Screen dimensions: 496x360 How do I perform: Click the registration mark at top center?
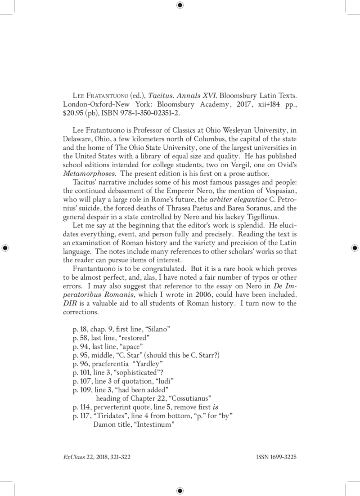[x=180, y=5]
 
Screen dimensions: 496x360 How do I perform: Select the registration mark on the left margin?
[x=6, y=247]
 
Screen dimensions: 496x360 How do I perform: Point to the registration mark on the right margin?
[x=354, y=247]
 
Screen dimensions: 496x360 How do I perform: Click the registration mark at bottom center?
[x=180, y=490]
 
